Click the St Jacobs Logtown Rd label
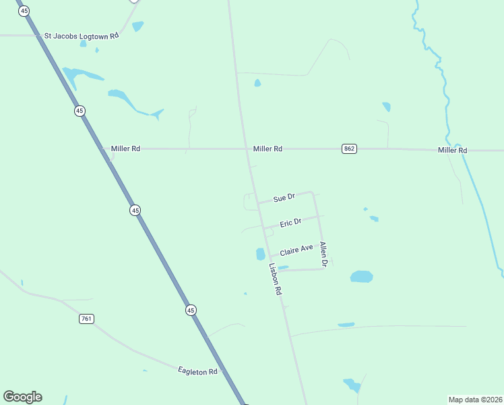click(81, 34)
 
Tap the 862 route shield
click(348, 148)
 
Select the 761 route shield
click(86, 319)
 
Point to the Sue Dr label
click(284, 198)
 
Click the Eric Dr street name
click(290, 222)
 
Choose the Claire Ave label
click(296, 250)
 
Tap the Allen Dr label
click(323, 254)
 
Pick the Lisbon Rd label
click(275, 279)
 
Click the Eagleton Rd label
click(197, 371)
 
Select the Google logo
click(22, 397)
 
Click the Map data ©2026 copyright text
click(475, 400)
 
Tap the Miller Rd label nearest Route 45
click(126, 148)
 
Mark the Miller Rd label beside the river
click(451, 150)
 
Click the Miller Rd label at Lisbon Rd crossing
click(267, 148)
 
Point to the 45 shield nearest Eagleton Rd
click(191, 310)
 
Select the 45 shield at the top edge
click(25, 11)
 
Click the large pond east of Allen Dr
click(361, 277)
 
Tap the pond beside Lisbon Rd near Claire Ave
click(260, 254)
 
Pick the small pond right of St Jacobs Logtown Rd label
click(137, 26)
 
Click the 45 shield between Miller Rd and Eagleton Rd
click(135, 211)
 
